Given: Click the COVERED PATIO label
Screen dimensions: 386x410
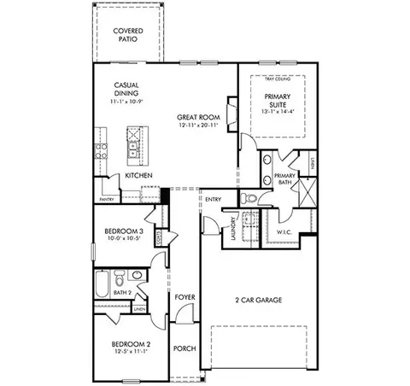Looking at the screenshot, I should (127, 37).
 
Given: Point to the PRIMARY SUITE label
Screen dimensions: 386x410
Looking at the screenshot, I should (277, 100).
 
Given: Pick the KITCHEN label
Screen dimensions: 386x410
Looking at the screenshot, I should (138, 175).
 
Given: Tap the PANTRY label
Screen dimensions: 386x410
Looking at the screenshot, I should (108, 199).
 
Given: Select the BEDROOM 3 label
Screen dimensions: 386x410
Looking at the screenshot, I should (124, 231).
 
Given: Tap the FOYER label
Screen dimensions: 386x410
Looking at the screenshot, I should (184, 298).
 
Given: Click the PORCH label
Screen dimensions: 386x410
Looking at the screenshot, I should (184, 349).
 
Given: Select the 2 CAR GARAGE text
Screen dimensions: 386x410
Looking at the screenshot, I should (258, 300).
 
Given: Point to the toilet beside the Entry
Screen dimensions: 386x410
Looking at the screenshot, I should (251, 198).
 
